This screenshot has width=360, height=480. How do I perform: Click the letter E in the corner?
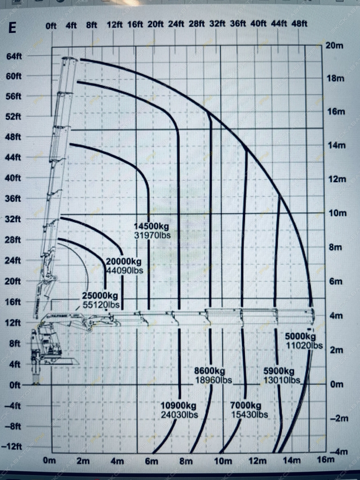click(12, 28)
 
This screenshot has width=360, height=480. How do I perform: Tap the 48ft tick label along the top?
click(299, 24)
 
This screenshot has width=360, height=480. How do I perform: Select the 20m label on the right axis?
click(334, 46)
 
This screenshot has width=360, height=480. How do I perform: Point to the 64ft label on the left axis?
click(14, 56)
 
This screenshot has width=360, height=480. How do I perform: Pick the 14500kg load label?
click(151, 226)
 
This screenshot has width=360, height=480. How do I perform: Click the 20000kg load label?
click(124, 261)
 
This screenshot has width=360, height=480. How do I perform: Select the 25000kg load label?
click(100, 296)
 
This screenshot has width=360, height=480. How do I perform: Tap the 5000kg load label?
click(300, 336)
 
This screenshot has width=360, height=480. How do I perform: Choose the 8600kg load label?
click(209, 371)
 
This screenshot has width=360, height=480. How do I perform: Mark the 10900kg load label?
click(178, 406)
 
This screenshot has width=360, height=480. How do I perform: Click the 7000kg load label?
click(245, 405)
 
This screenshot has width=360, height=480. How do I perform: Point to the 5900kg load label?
click(279, 371)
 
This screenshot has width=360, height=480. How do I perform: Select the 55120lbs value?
click(101, 305)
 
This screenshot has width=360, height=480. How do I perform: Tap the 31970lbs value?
click(152, 235)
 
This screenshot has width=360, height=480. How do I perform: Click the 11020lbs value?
click(304, 345)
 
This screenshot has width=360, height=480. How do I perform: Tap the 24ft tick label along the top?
click(176, 24)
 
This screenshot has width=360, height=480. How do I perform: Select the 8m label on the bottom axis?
click(186, 461)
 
